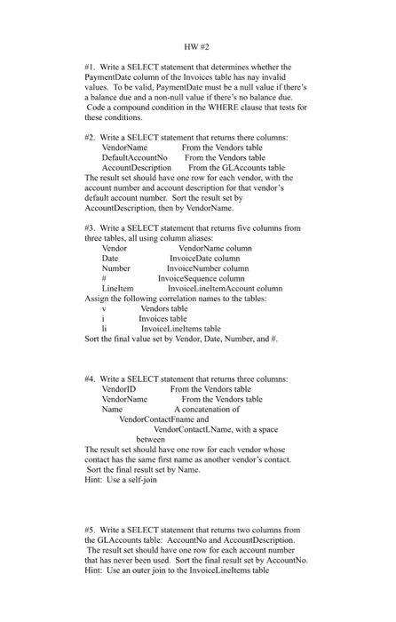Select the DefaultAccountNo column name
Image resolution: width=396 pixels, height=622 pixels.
click(x=135, y=156)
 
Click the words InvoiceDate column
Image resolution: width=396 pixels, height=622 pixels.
click(x=208, y=259)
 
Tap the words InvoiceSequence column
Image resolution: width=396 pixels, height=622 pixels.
click(x=201, y=278)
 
